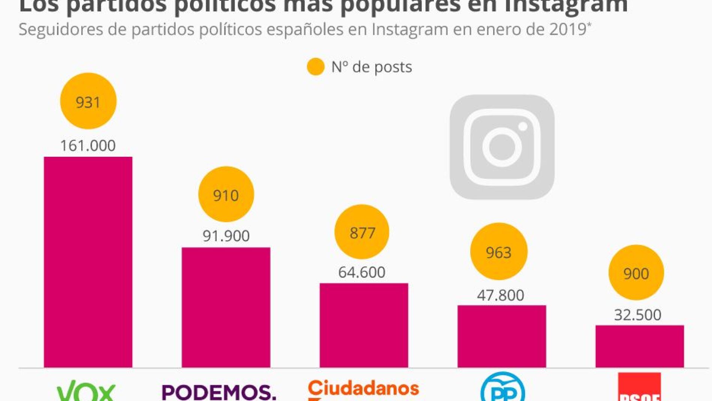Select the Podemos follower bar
pyautogui.click(x=226, y=307)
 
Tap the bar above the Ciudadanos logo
pyautogui.click(x=363, y=325)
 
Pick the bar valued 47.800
pyautogui.click(x=501, y=336)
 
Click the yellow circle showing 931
pyautogui.click(x=88, y=101)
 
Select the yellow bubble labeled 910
pyautogui.click(x=226, y=194)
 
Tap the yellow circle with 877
pyautogui.click(x=362, y=232)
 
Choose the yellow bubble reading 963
pyautogui.click(x=499, y=252)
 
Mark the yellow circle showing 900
pyautogui.click(x=636, y=273)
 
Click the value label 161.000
pyautogui.click(x=88, y=146)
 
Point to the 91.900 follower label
pyautogui.click(x=226, y=236)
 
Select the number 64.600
pyautogui.click(x=362, y=272)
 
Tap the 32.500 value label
pyautogui.click(x=637, y=315)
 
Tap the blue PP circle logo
pyautogui.click(x=503, y=388)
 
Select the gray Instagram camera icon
pyautogui.click(x=502, y=147)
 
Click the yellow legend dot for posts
pyautogui.click(x=316, y=67)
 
